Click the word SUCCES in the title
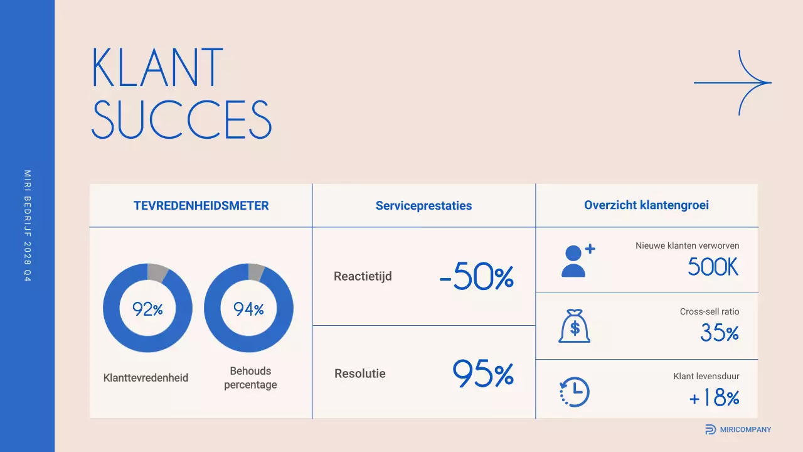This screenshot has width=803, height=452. pyautogui.click(x=182, y=119)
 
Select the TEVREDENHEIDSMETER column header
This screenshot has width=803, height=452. pyautogui.click(x=201, y=205)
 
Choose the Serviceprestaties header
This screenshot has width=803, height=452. pyautogui.click(x=423, y=205)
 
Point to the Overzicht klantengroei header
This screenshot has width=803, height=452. pyautogui.click(x=647, y=205)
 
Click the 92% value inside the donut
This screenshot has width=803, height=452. pyautogui.click(x=147, y=309)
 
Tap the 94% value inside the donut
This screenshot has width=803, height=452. pyautogui.click(x=248, y=309)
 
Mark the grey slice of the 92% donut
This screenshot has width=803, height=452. pyautogui.click(x=157, y=272)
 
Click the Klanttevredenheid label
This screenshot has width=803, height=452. pyautogui.click(x=146, y=378)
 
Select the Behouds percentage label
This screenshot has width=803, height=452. pyautogui.click(x=250, y=378)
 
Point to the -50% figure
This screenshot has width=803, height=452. pyautogui.click(x=477, y=277)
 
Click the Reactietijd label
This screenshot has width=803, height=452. pyautogui.click(x=363, y=276)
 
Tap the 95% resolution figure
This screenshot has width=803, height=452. pyautogui.click(x=483, y=374)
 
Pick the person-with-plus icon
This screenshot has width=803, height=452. pyautogui.click(x=577, y=261)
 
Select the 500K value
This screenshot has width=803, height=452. pyautogui.click(x=713, y=267)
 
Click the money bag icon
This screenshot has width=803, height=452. pyautogui.click(x=574, y=326)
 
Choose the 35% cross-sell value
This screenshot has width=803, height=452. pyautogui.click(x=720, y=333)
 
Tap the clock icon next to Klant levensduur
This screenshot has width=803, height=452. pyautogui.click(x=574, y=392)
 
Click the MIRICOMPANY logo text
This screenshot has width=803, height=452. pyautogui.click(x=745, y=429)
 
